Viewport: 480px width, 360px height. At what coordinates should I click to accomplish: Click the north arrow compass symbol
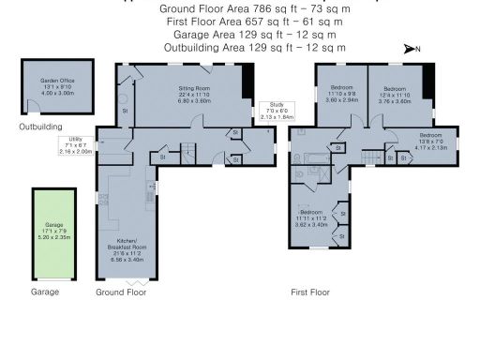tap(412, 48)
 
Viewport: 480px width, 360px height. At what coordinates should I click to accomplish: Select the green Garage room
tap(56, 232)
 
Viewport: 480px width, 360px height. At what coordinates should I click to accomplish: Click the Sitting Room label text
tap(194, 91)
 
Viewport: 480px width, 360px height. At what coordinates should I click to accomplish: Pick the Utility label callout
tap(76, 145)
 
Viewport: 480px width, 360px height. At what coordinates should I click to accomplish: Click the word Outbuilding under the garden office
tap(40, 127)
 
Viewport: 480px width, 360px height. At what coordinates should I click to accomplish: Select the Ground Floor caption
tap(122, 292)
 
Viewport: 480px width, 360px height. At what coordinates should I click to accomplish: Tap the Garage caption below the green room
tap(45, 292)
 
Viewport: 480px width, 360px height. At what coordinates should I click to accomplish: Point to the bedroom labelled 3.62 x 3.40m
tap(312, 219)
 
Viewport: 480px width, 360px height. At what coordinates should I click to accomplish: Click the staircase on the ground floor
tap(189, 149)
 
